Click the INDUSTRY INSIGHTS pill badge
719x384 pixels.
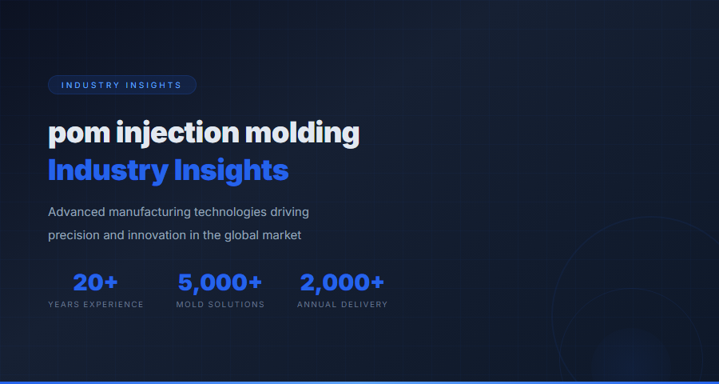coord(121,85)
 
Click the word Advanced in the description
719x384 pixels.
coord(77,212)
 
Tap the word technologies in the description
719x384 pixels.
coord(226,212)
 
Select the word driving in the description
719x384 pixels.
coord(289,212)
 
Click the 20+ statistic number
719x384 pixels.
coord(96,282)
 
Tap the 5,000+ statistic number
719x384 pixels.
coord(220,282)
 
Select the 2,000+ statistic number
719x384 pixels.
coord(342,282)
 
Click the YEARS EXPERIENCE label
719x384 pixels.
coord(96,305)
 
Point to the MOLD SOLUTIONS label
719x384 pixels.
coord(220,305)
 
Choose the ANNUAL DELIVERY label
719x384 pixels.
coord(342,305)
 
